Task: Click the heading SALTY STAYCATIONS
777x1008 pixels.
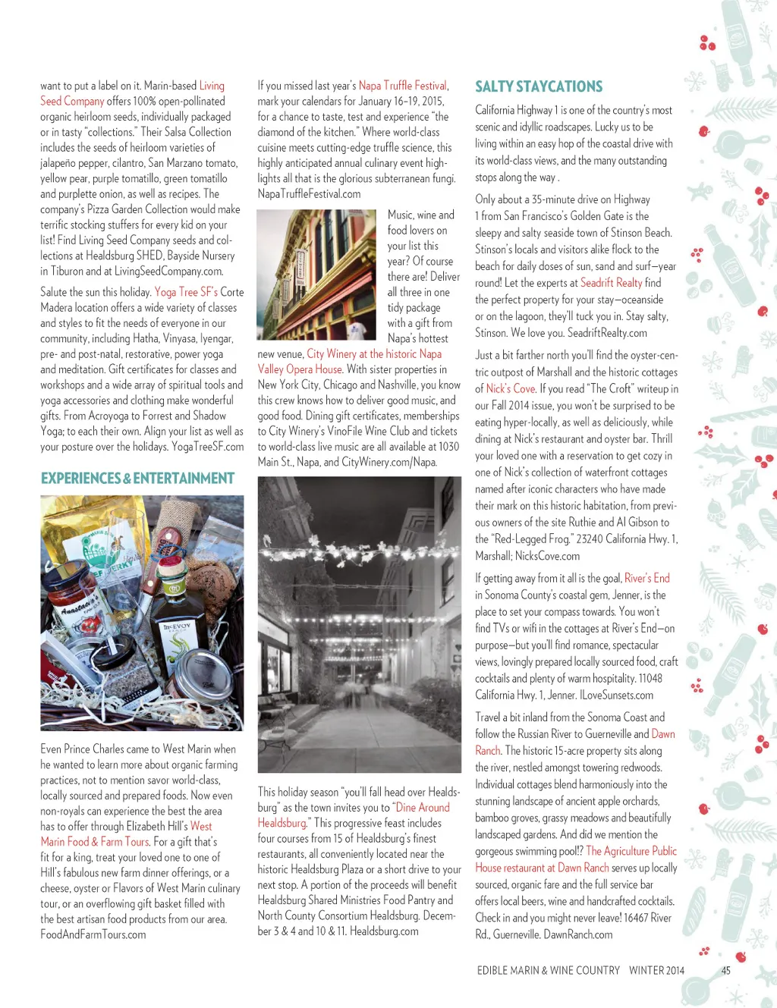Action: [x=539, y=86]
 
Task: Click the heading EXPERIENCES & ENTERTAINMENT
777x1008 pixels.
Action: [x=137, y=479]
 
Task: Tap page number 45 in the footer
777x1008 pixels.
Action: [x=725, y=970]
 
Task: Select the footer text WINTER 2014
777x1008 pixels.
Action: [x=656, y=970]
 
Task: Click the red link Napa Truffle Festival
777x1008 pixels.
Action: [x=402, y=86]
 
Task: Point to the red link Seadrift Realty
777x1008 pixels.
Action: [x=611, y=283]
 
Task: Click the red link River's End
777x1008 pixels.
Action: [x=646, y=578]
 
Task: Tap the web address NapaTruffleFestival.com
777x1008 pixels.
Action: [x=309, y=194]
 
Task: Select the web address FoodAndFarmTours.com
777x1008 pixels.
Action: [x=93, y=934]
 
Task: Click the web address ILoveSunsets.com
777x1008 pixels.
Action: [x=616, y=696]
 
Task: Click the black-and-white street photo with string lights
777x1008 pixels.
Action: [x=359, y=623]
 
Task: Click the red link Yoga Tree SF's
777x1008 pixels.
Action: [x=186, y=292]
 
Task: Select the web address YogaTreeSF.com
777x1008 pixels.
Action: [x=208, y=447]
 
